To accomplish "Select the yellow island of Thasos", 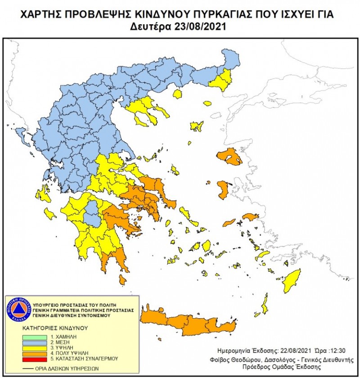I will coord(177,94).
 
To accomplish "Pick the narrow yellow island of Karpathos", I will coord(265,304).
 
